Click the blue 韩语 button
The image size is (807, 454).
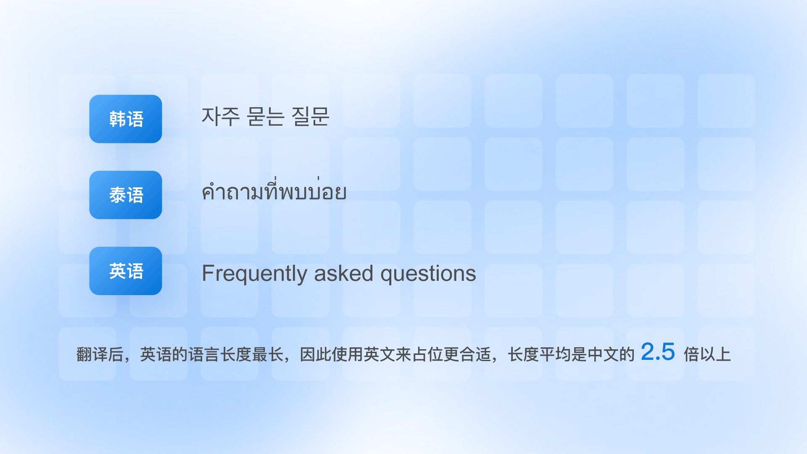[126, 119]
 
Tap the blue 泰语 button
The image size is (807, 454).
[126, 195]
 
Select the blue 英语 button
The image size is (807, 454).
[126, 271]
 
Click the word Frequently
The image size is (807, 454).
[255, 274]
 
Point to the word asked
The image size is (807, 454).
[344, 273]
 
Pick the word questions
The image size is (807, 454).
[428, 274]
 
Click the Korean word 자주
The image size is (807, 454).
[221, 116]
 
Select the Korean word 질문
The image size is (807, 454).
[311, 116]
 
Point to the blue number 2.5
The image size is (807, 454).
[658, 351]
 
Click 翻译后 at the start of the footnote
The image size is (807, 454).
[100, 354]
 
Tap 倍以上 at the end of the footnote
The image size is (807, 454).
[707, 354]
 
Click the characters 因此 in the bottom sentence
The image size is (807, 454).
[316, 354]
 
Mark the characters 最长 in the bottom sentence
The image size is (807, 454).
[268, 354]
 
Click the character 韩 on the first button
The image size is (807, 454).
[117, 119]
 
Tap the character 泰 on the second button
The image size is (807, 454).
[117, 195]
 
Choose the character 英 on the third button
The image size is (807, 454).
[117, 271]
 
